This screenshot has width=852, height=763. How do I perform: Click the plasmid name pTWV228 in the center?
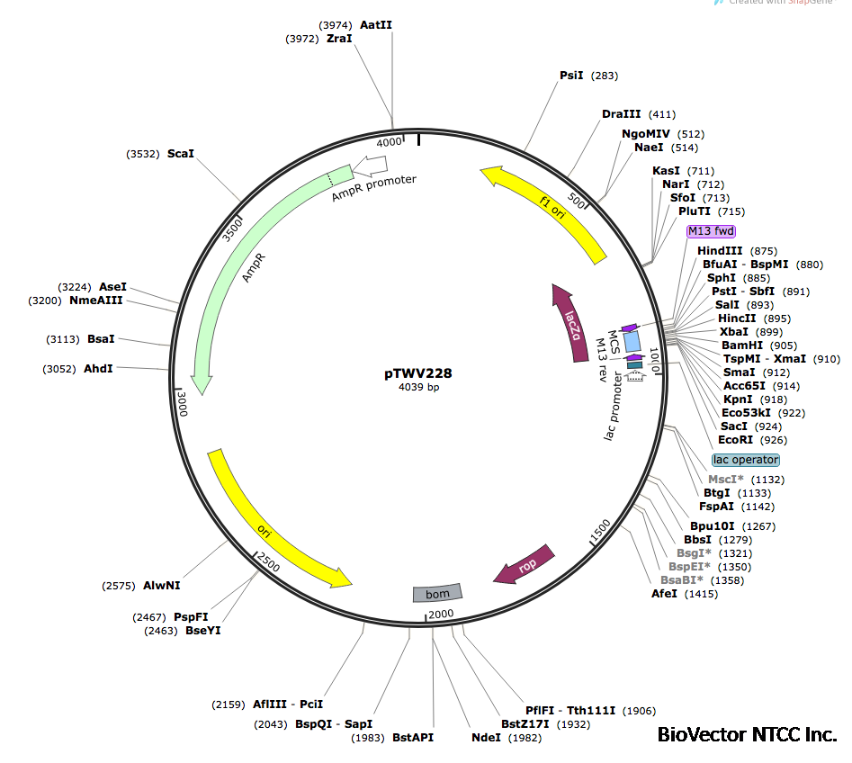[419, 373]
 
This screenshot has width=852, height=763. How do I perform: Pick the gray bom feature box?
[437, 593]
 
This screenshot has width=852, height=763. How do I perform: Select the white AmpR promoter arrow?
[370, 165]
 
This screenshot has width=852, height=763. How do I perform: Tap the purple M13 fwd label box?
[711, 231]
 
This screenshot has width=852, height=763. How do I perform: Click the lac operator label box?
[746, 460]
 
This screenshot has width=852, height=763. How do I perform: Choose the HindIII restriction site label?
[720, 251]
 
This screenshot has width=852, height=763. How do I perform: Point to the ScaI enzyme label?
[180, 154]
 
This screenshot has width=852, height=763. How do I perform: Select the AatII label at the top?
[376, 25]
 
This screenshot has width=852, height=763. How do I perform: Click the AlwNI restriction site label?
[162, 585]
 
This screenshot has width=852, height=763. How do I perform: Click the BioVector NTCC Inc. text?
[747, 735]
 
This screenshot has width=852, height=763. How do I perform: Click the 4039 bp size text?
[419, 388]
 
